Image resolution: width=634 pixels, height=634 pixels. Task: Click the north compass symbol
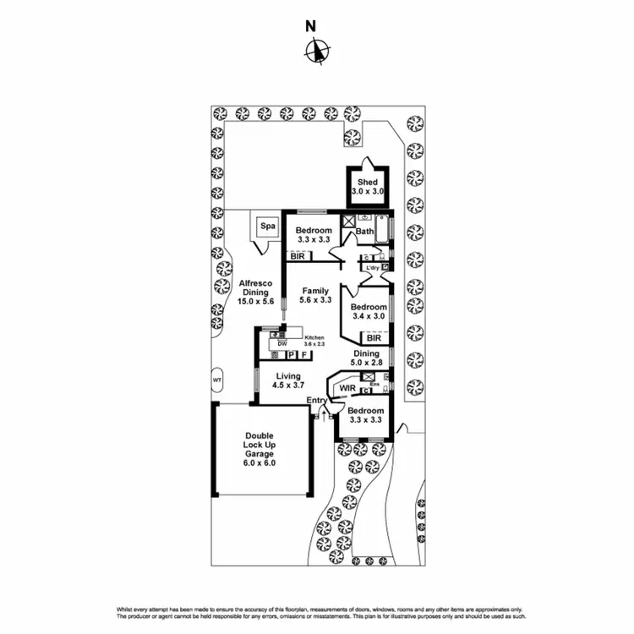316,52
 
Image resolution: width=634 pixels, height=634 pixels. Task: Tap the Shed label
367,182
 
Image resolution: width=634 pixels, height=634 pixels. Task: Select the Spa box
267,227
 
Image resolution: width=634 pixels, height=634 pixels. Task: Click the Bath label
364,232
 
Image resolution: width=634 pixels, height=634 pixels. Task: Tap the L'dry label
372,268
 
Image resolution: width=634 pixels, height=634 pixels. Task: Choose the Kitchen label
314,337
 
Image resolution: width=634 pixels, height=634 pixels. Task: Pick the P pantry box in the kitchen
290,355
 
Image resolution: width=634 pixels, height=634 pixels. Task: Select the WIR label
347,388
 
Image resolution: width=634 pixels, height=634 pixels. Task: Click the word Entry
317,401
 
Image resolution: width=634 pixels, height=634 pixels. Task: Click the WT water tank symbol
216,379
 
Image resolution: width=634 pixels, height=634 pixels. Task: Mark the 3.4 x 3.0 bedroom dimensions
368,316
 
